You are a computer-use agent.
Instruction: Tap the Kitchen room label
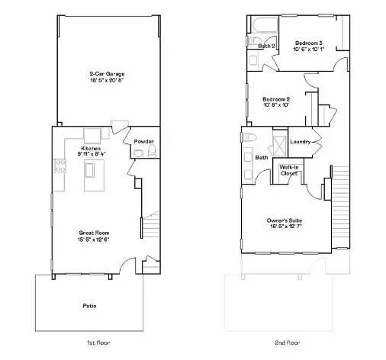pyautogui.click(x=92, y=148)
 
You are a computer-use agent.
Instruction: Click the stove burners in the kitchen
pyautogui.click(x=56, y=167)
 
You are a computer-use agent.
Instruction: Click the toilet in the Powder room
pyautogui.click(x=137, y=155)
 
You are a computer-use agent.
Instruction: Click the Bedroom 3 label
pyautogui.click(x=308, y=43)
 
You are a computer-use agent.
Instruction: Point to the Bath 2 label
pyautogui.click(x=265, y=47)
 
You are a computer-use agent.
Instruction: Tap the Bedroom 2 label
pyautogui.click(x=276, y=99)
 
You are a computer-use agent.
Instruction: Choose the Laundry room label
pyautogui.click(x=300, y=142)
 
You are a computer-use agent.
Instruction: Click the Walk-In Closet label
pyautogui.click(x=289, y=169)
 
